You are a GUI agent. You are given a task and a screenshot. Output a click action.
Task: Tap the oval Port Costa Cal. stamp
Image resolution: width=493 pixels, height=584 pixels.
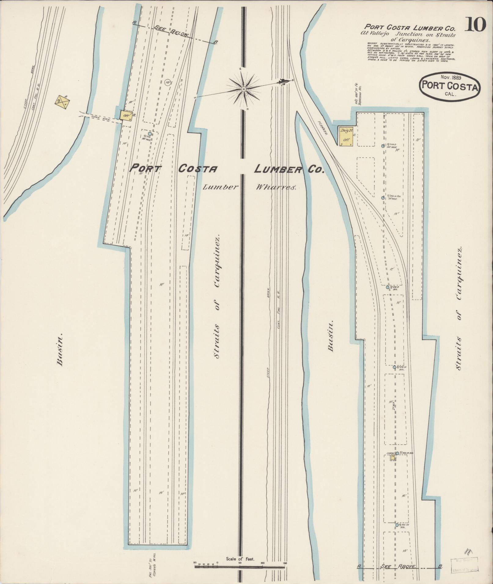click(x=449, y=86)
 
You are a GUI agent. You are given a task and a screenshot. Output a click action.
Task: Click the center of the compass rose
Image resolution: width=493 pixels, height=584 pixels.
click(x=244, y=89)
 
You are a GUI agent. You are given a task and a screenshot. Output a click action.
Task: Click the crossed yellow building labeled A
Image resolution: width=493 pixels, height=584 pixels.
click(x=61, y=100)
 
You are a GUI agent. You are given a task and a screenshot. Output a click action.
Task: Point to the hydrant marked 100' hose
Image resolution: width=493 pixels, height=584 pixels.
click(x=150, y=134)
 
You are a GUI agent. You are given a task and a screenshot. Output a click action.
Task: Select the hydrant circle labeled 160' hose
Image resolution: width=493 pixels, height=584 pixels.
click(x=383, y=146)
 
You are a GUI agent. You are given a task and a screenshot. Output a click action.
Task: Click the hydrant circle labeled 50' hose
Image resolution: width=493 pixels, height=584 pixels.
click(x=383, y=198)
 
